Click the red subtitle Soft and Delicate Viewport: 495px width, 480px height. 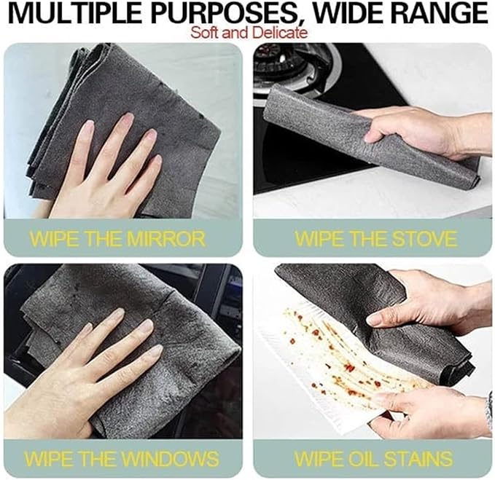(x=249, y=33)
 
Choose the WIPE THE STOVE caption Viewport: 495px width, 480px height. (x=375, y=238)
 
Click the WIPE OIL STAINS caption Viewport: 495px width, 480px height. (x=374, y=459)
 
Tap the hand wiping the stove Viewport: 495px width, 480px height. (x=416, y=131)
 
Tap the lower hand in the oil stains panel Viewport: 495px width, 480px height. (x=423, y=412)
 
